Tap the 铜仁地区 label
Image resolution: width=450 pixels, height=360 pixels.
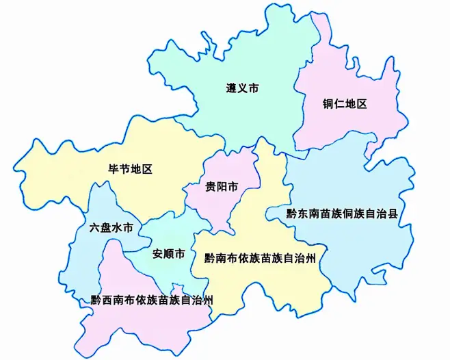pos(345,104)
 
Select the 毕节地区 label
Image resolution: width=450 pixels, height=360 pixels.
pos(130,168)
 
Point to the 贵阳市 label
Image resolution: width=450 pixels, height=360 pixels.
pos(222,186)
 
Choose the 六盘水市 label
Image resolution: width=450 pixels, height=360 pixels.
pos(111,227)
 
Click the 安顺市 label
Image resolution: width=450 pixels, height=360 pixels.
pos(168,254)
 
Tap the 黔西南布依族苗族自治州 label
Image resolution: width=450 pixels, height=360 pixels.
pos(153,300)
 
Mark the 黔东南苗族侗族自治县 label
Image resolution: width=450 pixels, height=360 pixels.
pos(342,214)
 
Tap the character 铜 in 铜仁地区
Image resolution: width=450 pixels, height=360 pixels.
pos(329,104)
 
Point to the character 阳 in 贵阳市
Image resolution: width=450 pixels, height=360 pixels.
pos(222,186)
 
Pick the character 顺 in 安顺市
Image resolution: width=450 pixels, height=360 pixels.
pos(168,254)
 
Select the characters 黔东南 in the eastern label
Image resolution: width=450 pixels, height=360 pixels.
pos(303,214)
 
